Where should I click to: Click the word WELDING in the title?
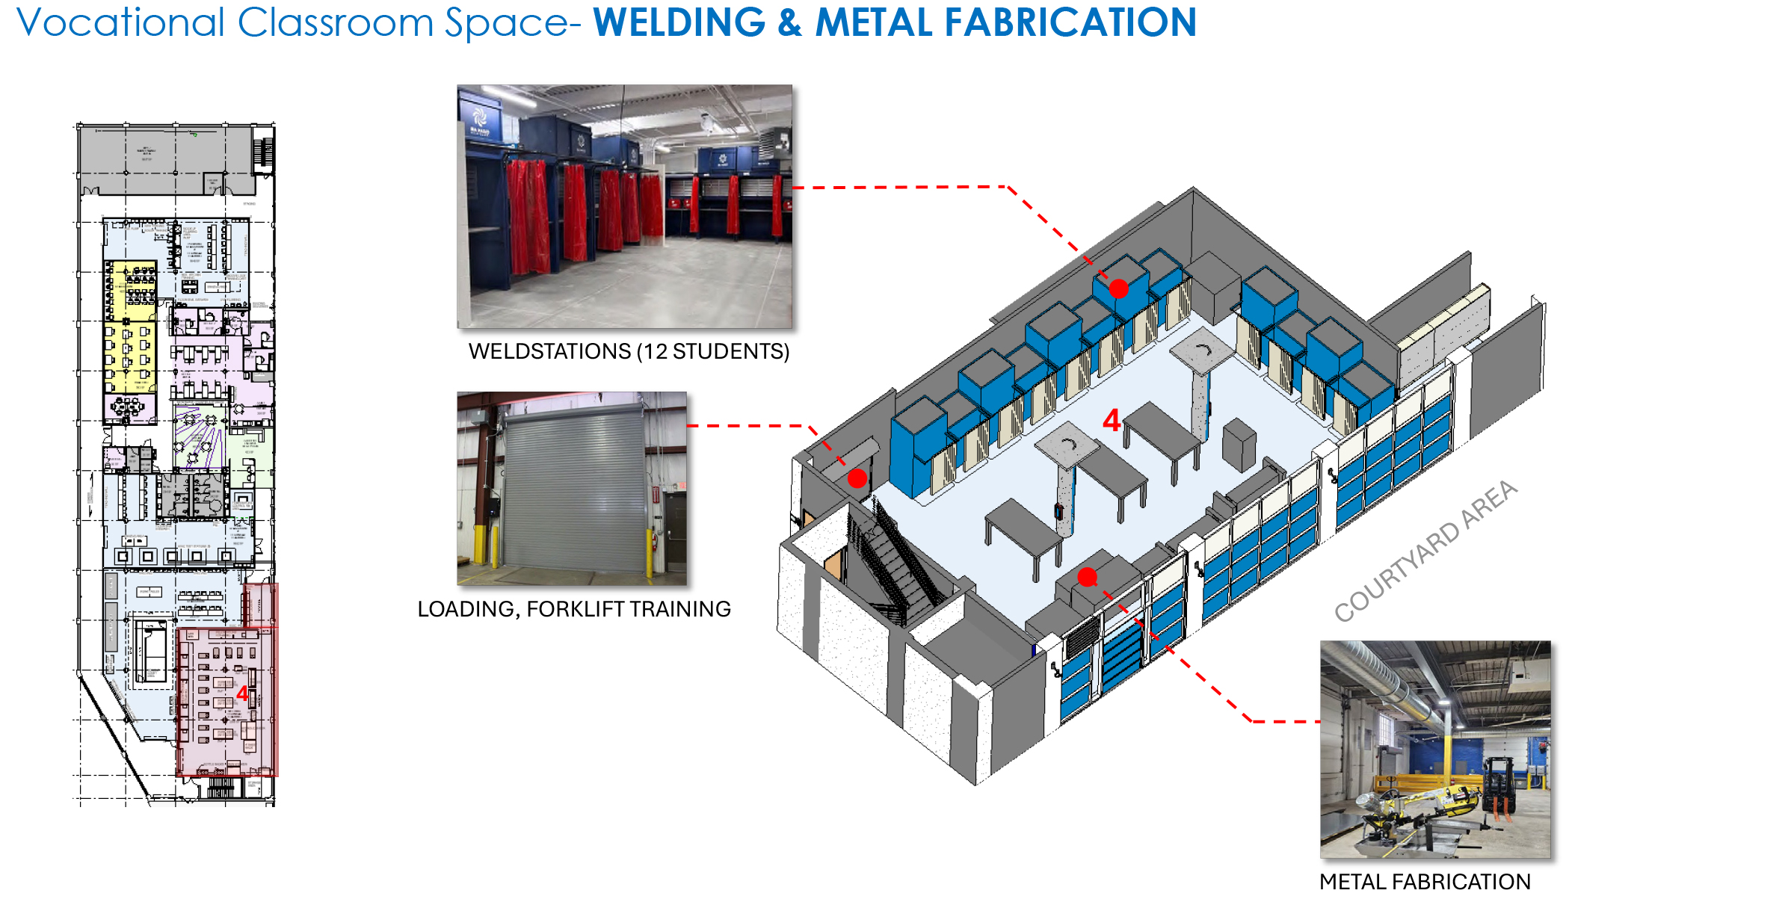(679, 22)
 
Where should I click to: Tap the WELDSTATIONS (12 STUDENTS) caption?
(629, 351)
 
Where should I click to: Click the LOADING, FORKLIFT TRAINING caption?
(573, 609)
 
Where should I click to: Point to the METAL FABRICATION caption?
(1425, 882)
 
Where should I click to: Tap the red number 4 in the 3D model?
(1111, 421)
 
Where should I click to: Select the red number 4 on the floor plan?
(242, 694)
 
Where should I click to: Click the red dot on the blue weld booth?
(1118, 288)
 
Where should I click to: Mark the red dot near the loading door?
(857, 478)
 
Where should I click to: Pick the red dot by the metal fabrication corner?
(1088, 577)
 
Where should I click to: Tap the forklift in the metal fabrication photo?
(1499, 785)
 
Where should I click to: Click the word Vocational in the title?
(120, 22)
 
